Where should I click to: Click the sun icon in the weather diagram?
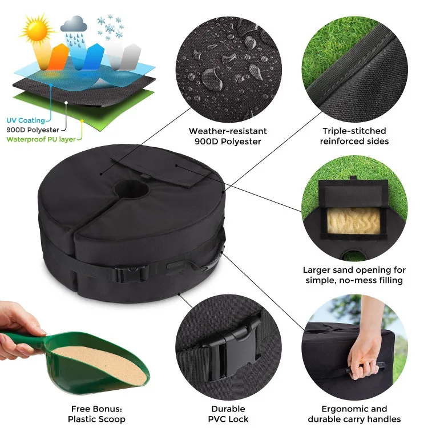click(x=37, y=30)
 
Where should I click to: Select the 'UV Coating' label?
click(x=26, y=120)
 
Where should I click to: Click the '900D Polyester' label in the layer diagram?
click(x=33, y=130)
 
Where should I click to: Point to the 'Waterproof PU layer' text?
click(x=41, y=139)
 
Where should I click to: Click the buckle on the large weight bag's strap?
click(x=131, y=274)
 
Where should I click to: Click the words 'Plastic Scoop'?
click(x=96, y=419)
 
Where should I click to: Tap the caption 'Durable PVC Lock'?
click(x=228, y=414)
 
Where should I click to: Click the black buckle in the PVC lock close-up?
click(x=232, y=348)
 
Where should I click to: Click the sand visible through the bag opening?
click(x=354, y=220)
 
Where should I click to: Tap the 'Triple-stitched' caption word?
click(x=354, y=131)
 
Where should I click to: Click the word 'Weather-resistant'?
click(x=228, y=131)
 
